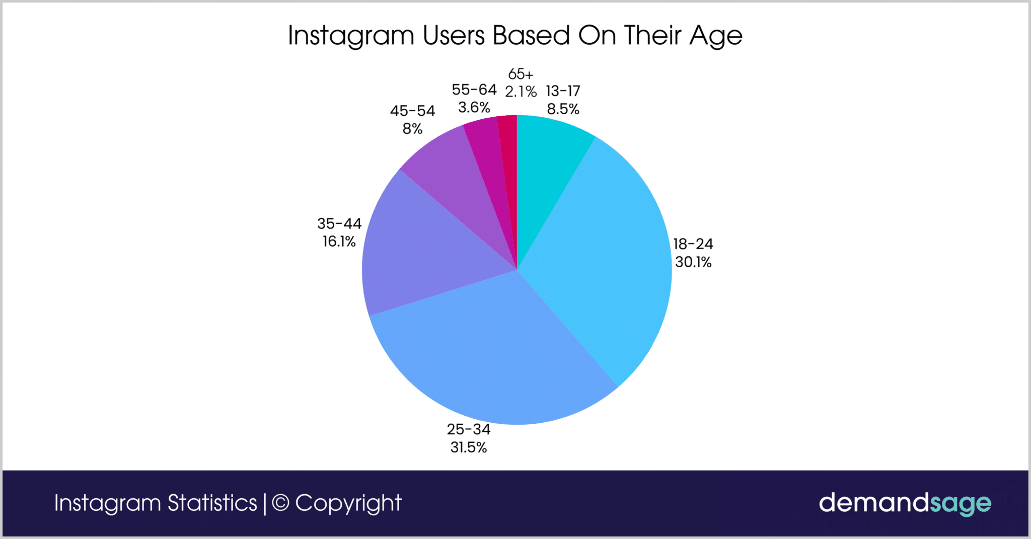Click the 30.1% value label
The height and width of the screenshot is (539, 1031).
[x=693, y=262]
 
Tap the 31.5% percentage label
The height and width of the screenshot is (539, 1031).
[x=469, y=447]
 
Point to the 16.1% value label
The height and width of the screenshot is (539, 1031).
[x=339, y=242]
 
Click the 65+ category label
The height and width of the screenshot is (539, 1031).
[x=521, y=74]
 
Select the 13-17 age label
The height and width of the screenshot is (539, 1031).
[x=563, y=91]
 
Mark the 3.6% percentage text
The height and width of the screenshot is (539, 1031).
[x=474, y=107]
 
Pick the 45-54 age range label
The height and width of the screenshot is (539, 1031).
[x=412, y=111]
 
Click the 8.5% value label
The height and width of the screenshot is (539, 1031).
[x=563, y=109]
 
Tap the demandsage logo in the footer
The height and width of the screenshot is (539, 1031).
[x=905, y=503]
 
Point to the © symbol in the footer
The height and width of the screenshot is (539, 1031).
[x=280, y=503]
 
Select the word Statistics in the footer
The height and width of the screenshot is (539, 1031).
[x=212, y=503]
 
